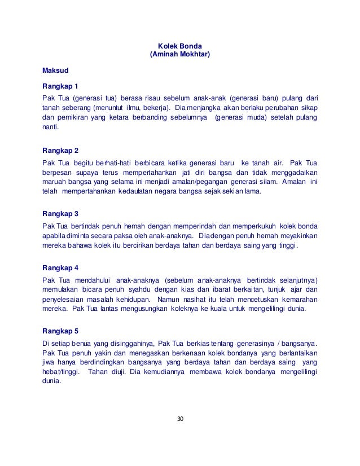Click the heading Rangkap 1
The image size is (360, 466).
[60, 87]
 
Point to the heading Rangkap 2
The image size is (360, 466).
[60, 151]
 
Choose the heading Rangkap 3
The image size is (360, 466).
[60, 214]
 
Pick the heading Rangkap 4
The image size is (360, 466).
[60, 268]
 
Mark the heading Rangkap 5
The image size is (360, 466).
[60, 332]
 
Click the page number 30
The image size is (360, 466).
[180, 419]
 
